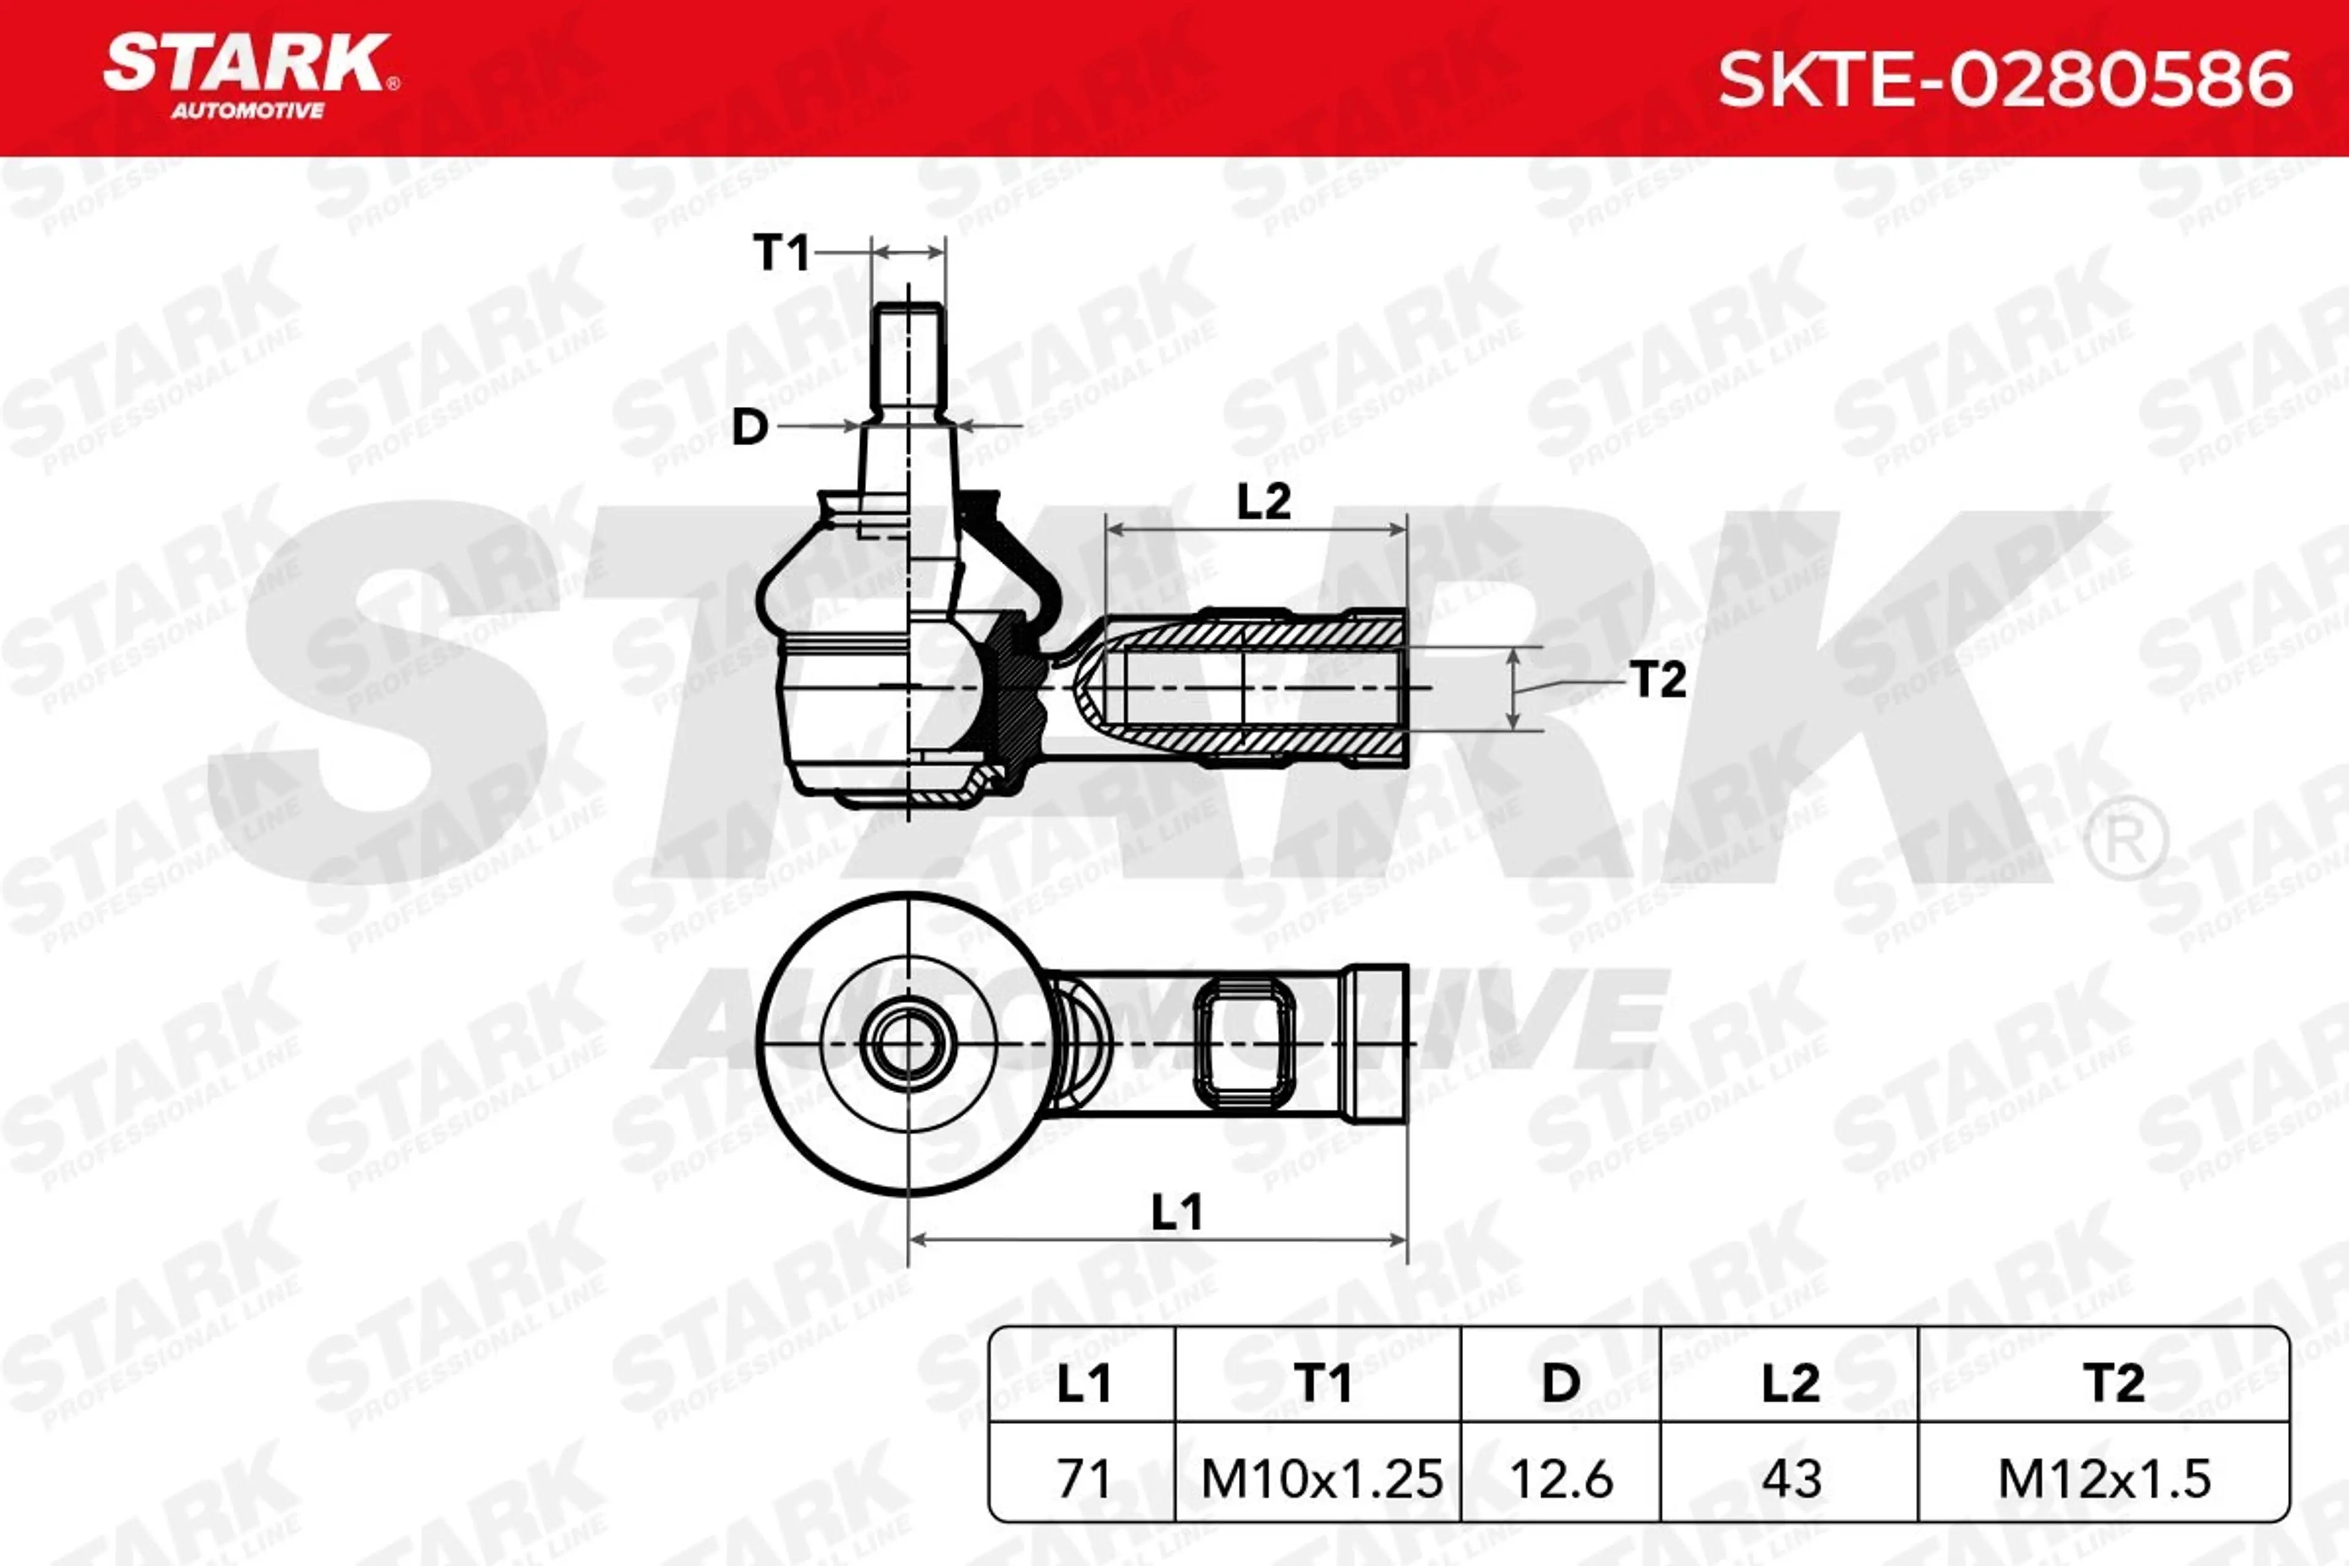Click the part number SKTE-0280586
[x=2005, y=80]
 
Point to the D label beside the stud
[x=750, y=428]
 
